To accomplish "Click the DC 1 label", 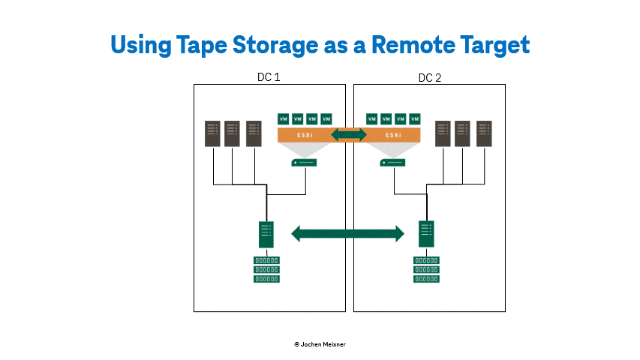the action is [x=269, y=77].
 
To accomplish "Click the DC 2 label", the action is [x=430, y=78].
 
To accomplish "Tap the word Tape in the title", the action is [x=202, y=46].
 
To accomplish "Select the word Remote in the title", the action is [x=413, y=44].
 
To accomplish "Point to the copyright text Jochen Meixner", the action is [x=320, y=344].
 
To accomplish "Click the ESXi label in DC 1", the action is [x=305, y=135].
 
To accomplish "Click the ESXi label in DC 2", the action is [x=393, y=135].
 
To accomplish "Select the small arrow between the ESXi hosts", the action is [x=349, y=135].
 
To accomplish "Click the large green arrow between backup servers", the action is [x=347, y=234].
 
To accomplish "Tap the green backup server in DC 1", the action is [x=266, y=235].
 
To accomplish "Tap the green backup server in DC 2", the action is [x=426, y=234].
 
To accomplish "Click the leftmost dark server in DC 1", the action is [x=212, y=133].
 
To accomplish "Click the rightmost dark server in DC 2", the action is [x=484, y=133].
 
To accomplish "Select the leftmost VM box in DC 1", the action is [x=284, y=119].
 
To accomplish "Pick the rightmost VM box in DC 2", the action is [x=415, y=119].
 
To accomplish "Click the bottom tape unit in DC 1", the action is [x=266, y=279].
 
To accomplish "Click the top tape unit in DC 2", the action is [x=426, y=260].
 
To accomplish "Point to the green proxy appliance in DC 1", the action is [x=304, y=163].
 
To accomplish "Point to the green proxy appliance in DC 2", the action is [x=392, y=163].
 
